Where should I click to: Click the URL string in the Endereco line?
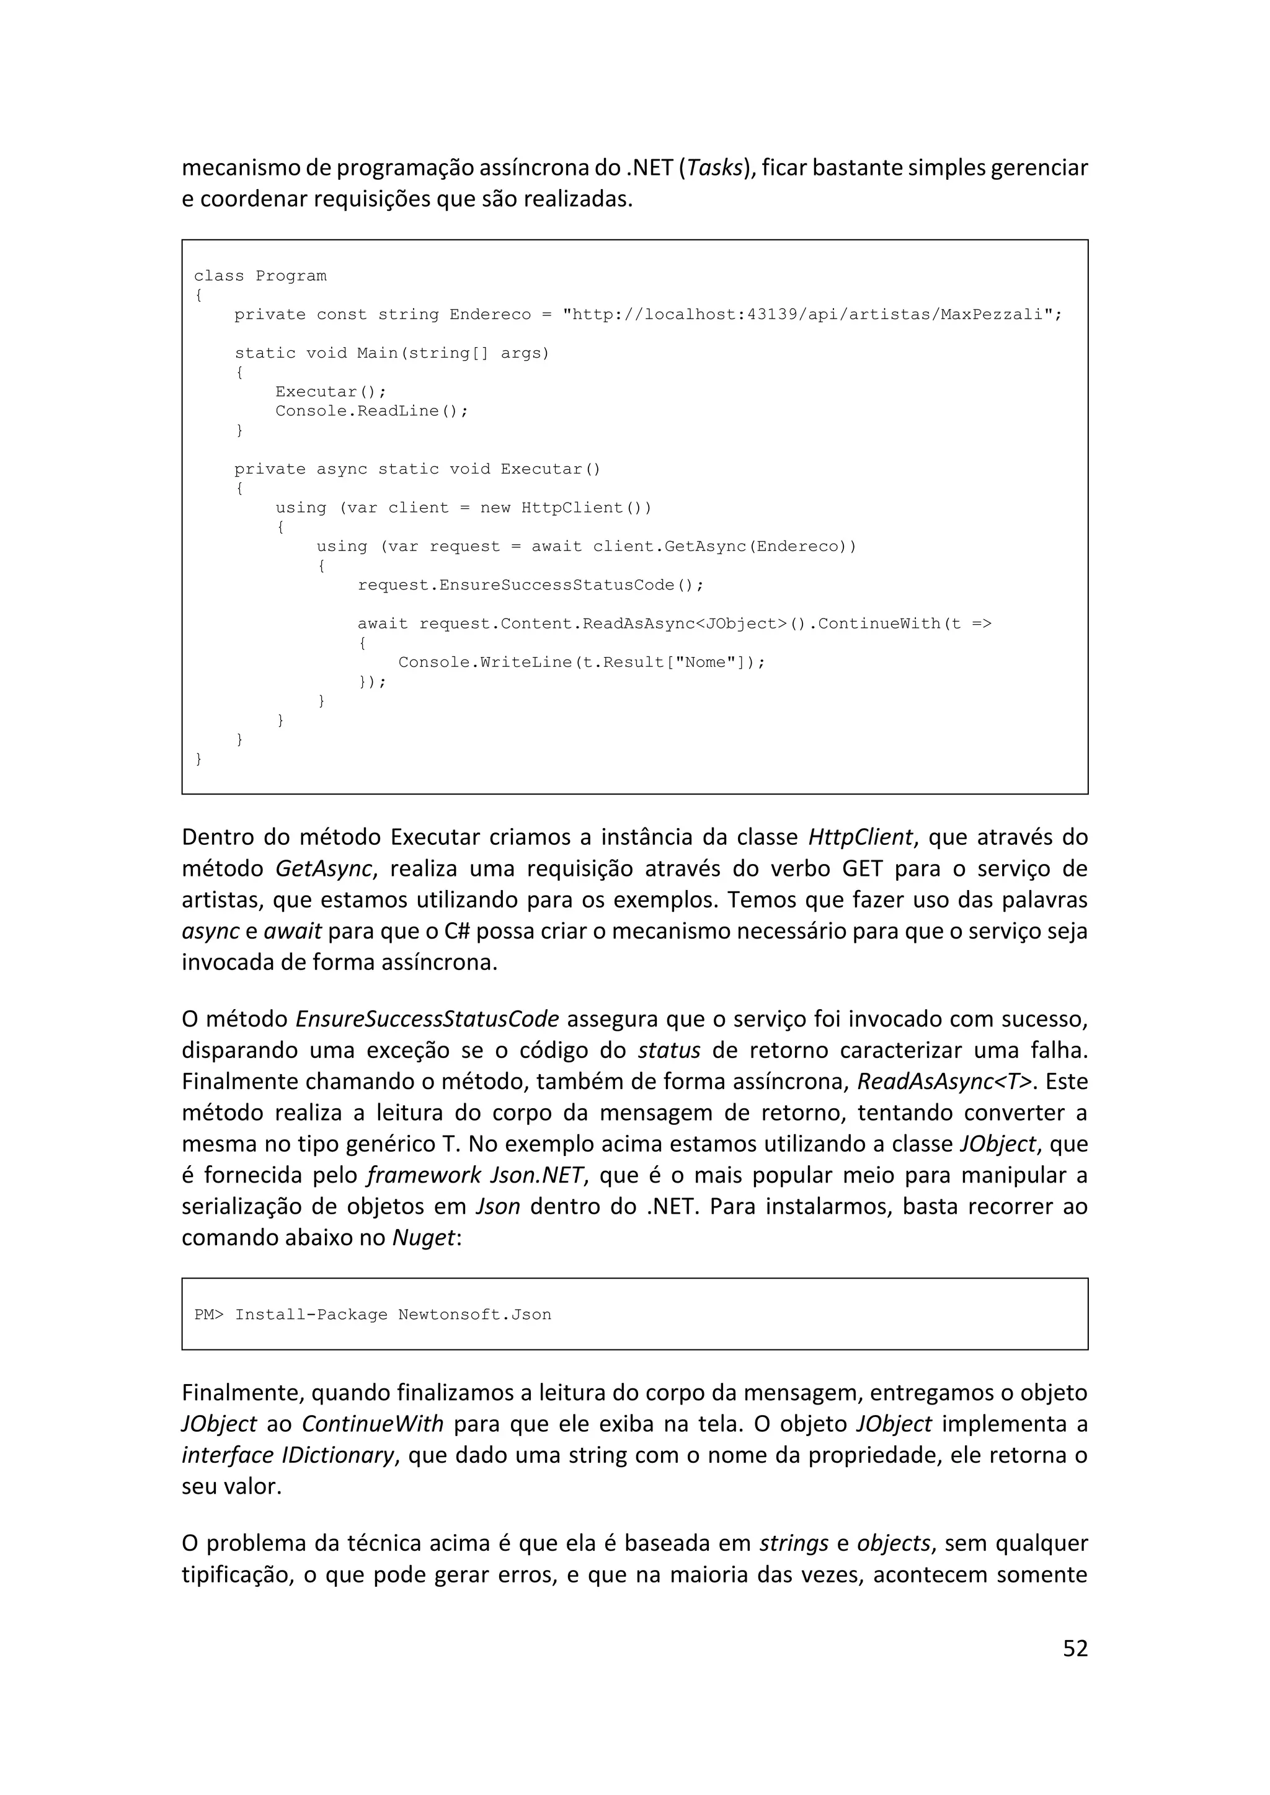pyautogui.click(x=812, y=314)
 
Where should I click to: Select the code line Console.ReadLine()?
pyautogui.click(x=371, y=411)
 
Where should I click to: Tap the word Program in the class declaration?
pyautogui.click(x=291, y=276)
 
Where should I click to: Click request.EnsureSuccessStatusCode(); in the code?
pyautogui.click(x=530, y=584)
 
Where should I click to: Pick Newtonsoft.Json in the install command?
pyautogui.click(x=474, y=1314)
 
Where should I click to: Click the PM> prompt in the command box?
pyautogui.click(x=209, y=1314)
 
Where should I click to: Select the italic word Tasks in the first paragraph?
pyautogui.click(x=714, y=168)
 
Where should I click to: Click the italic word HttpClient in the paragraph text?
pyautogui.click(x=860, y=837)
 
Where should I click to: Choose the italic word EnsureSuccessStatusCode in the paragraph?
pyautogui.click(x=427, y=1020)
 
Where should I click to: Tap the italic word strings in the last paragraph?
pyautogui.click(x=794, y=1543)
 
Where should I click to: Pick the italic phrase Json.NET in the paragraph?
pyautogui.click(x=536, y=1176)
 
